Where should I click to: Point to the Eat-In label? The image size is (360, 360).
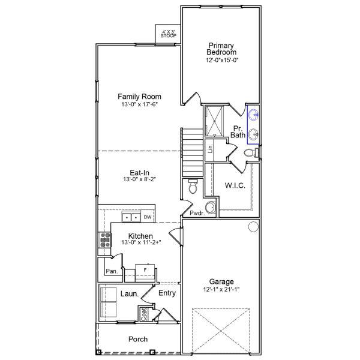139,172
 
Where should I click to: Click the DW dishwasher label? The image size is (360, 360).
147,217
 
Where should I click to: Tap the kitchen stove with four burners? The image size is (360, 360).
105,240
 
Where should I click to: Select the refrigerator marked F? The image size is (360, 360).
145,271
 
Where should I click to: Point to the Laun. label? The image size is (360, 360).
130,294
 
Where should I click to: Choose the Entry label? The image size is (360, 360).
167,293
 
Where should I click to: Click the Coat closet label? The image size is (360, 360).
143,313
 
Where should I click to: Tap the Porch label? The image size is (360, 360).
138,340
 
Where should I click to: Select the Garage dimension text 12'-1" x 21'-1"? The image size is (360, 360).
221,289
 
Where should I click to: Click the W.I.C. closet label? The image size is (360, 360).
234,186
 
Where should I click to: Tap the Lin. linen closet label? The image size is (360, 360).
210,148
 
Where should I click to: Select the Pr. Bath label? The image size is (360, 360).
238,132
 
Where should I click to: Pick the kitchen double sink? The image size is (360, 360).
131,217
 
